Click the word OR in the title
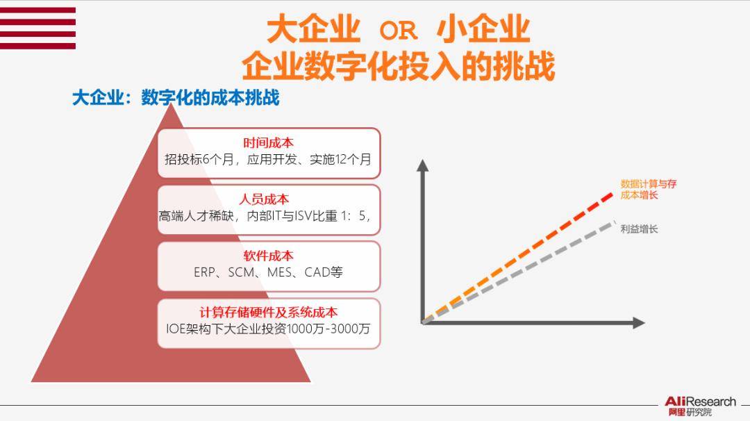(398, 31)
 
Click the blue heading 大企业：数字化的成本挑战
(176, 97)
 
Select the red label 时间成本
(268, 142)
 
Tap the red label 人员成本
(264, 199)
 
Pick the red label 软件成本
(268, 256)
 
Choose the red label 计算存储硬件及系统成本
(268, 313)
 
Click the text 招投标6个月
(198, 159)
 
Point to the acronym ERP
(203, 272)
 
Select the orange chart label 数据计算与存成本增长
(648, 189)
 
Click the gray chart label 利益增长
(639, 229)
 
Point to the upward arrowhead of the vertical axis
(422, 165)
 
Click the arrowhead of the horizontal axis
(639, 323)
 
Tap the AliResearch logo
(700, 406)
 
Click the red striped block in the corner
(37, 28)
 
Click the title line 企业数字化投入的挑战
(398, 65)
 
